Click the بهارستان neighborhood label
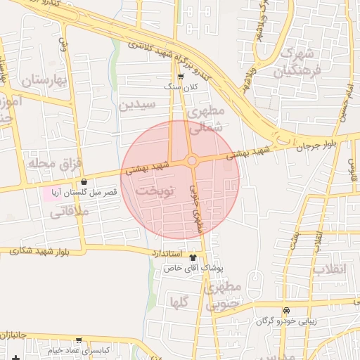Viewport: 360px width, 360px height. point(42,81)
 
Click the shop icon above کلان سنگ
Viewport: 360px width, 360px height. point(181,77)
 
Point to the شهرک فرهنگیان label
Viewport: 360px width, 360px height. point(300,61)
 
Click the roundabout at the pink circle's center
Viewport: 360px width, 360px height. point(191,160)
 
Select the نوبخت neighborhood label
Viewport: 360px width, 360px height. point(149,191)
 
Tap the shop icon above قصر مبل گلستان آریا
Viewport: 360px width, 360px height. point(84,182)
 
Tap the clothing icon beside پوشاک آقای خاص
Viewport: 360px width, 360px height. point(203,258)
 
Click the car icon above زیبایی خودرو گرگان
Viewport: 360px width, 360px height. point(286,311)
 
